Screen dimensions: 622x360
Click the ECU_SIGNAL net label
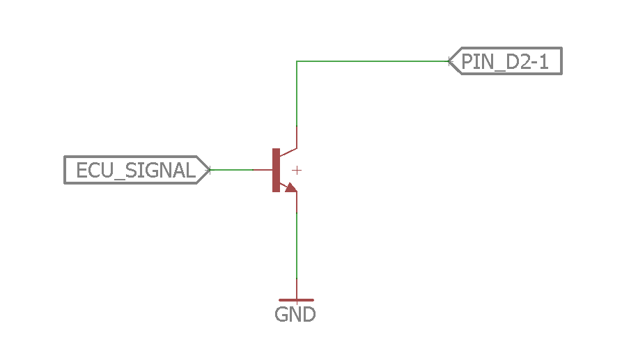[x=137, y=170]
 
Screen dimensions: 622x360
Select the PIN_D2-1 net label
[x=505, y=61]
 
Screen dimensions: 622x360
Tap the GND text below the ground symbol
[x=295, y=315]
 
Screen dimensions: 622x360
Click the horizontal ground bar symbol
[x=296, y=300]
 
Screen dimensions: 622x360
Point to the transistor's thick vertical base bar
[x=276, y=170]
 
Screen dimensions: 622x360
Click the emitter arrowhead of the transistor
[x=291, y=187]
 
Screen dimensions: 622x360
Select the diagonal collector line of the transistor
[x=288, y=152]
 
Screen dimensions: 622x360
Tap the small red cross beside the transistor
[x=297, y=171]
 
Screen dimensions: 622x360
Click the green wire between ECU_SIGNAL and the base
[x=231, y=170]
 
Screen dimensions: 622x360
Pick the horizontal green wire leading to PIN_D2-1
[x=373, y=61]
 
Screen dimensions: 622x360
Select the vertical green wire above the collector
[x=297, y=93]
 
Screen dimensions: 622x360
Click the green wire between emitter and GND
[x=297, y=246]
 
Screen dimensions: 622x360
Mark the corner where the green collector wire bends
[x=297, y=61]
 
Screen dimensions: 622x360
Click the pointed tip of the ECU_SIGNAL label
[x=210, y=170]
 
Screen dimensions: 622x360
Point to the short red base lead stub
[x=263, y=170]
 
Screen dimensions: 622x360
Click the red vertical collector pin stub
[x=297, y=137]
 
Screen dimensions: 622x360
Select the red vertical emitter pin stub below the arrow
[x=297, y=203]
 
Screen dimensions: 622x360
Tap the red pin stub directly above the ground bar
[x=297, y=289]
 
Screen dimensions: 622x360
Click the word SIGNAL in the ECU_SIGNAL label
[x=160, y=170]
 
